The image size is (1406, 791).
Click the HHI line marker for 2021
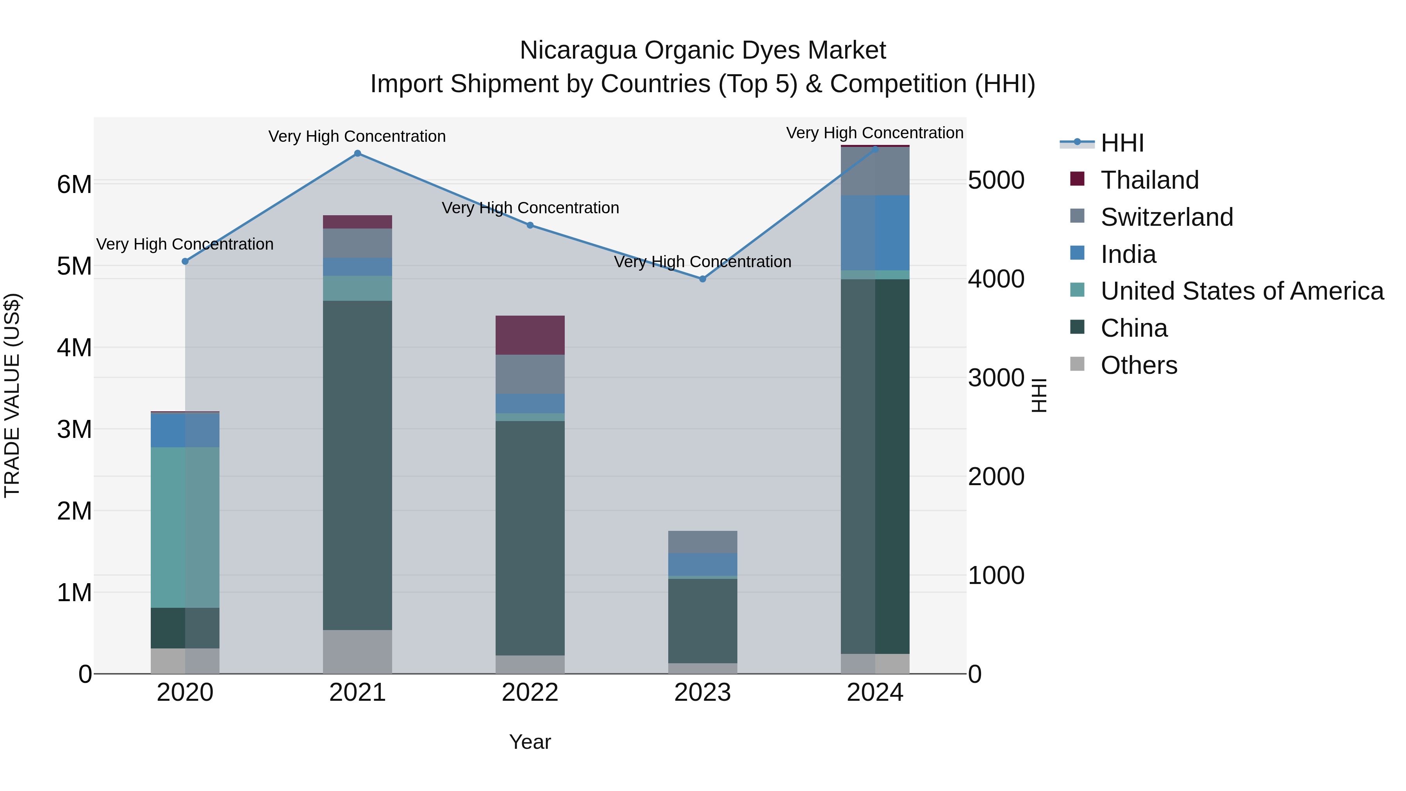(x=357, y=154)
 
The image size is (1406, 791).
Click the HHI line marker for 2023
(x=703, y=279)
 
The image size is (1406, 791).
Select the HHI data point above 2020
(x=185, y=261)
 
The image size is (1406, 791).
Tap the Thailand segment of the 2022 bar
(x=530, y=335)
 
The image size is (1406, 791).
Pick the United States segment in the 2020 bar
(x=185, y=527)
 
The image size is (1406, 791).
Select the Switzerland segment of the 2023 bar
(x=703, y=542)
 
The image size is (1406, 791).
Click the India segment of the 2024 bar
(x=875, y=233)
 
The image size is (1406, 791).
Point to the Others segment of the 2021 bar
(x=357, y=652)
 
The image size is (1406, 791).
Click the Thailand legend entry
(x=1149, y=180)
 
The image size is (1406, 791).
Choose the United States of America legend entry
(x=1242, y=291)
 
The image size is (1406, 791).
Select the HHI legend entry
(x=1122, y=143)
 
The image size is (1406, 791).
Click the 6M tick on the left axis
(x=74, y=184)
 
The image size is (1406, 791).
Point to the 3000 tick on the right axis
(x=996, y=378)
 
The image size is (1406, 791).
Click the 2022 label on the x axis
(x=530, y=693)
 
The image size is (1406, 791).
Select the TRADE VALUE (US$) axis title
(x=12, y=396)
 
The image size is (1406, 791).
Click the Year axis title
(x=530, y=742)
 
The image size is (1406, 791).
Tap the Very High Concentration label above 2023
(x=703, y=262)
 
